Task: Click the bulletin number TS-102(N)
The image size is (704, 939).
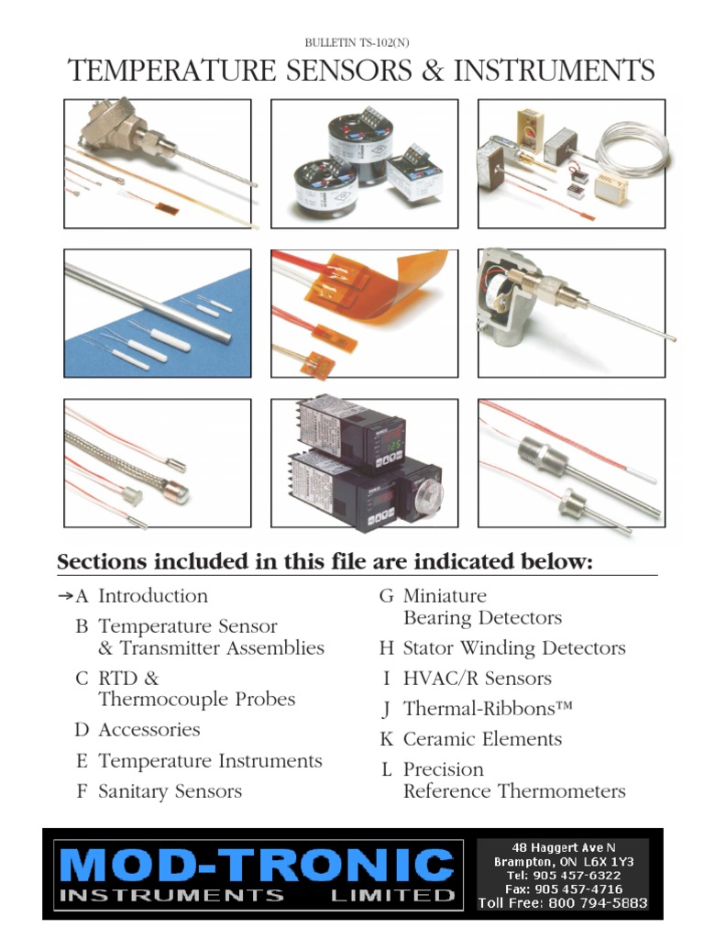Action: (384, 42)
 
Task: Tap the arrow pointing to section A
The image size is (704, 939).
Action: (65, 596)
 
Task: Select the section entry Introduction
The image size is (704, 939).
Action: (153, 596)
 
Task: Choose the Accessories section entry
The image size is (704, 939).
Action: (149, 729)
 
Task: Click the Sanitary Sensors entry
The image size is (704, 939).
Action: (170, 791)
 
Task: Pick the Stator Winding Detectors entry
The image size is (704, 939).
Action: (514, 648)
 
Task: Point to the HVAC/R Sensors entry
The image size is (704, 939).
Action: (477, 678)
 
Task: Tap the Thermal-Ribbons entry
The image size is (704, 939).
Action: (488, 709)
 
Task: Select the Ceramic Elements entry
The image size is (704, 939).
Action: (482, 739)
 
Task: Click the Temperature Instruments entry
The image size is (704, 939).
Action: (210, 760)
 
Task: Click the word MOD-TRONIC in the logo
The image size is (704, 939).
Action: (257, 865)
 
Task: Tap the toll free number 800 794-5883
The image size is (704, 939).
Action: (598, 902)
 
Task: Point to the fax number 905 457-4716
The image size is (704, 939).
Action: (578, 889)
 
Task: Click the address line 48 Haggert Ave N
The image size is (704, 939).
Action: (564, 847)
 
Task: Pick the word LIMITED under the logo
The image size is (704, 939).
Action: (392, 895)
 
